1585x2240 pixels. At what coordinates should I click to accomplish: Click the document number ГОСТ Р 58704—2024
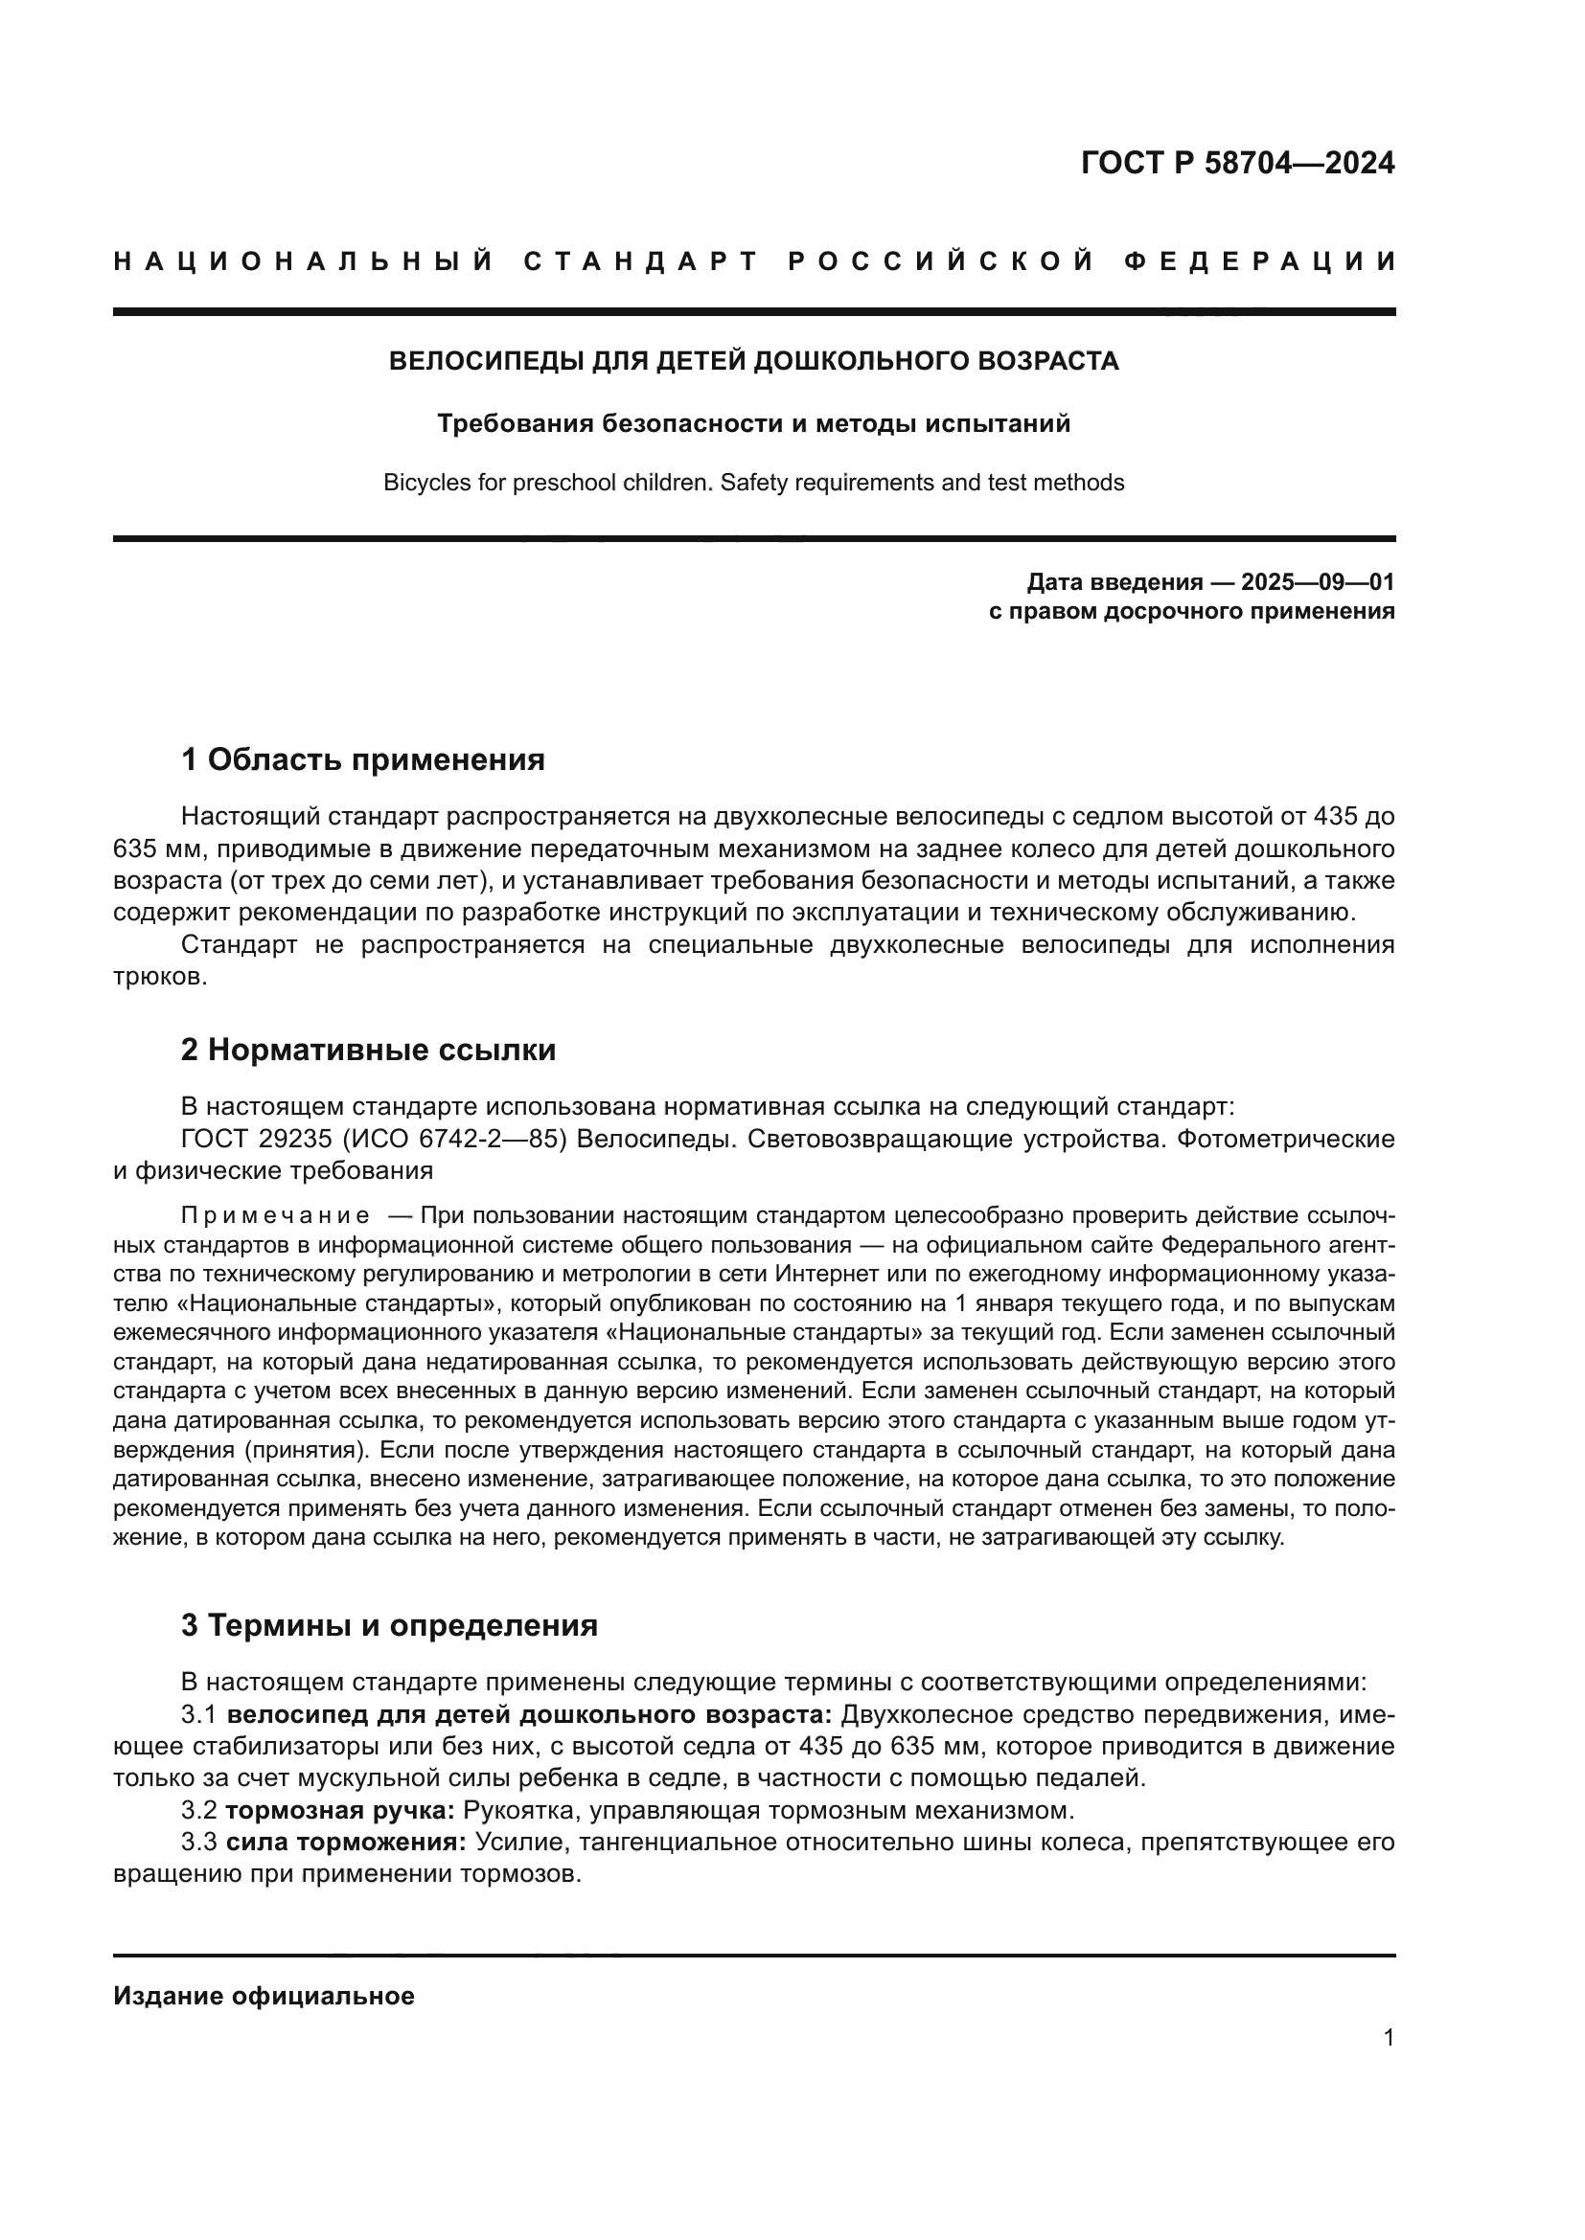[1237, 163]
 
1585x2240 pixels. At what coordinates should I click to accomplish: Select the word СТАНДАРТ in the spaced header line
[640, 261]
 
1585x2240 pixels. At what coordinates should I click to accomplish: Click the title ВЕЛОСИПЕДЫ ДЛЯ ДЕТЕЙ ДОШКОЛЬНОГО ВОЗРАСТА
[753, 361]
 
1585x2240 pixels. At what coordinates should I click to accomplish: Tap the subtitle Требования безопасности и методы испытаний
[753, 423]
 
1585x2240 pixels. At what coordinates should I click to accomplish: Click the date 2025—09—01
[1318, 582]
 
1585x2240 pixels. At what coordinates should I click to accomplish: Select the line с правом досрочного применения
[1191, 612]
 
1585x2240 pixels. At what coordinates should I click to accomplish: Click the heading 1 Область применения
[363, 759]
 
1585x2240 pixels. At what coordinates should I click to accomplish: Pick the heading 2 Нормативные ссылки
[369, 1050]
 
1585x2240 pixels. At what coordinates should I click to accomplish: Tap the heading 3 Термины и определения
[389, 1625]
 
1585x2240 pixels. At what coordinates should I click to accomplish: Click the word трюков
[159, 977]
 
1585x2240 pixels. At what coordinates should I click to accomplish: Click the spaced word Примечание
[275, 1216]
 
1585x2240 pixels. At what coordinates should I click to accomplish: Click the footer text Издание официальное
[264, 1996]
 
